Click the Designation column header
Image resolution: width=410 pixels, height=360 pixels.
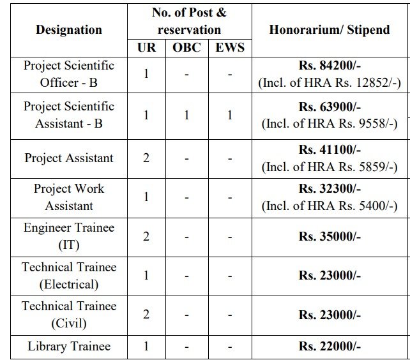tap(68, 30)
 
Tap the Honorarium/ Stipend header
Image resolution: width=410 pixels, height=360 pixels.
tap(330, 30)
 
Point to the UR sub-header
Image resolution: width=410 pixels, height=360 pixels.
tap(146, 47)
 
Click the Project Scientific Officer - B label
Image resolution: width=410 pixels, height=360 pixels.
tap(68, 73)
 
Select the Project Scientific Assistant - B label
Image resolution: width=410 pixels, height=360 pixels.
tap(68, 114)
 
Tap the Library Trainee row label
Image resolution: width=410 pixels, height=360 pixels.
tap(68, 347)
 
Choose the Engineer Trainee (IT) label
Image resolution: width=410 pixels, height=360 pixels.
tap(68, 236)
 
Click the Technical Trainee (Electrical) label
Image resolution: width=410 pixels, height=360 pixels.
tap(68, 276)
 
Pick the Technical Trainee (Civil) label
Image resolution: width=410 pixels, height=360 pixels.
tap(68, 315)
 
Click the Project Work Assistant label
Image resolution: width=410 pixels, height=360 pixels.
tap(68, 197)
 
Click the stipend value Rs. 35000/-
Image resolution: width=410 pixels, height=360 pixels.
tap(330, 236)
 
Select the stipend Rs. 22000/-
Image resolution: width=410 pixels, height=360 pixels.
tap(330, 347)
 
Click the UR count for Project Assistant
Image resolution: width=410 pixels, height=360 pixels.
tap(146, 157)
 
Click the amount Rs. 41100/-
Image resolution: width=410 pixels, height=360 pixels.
tap(330, 151)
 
